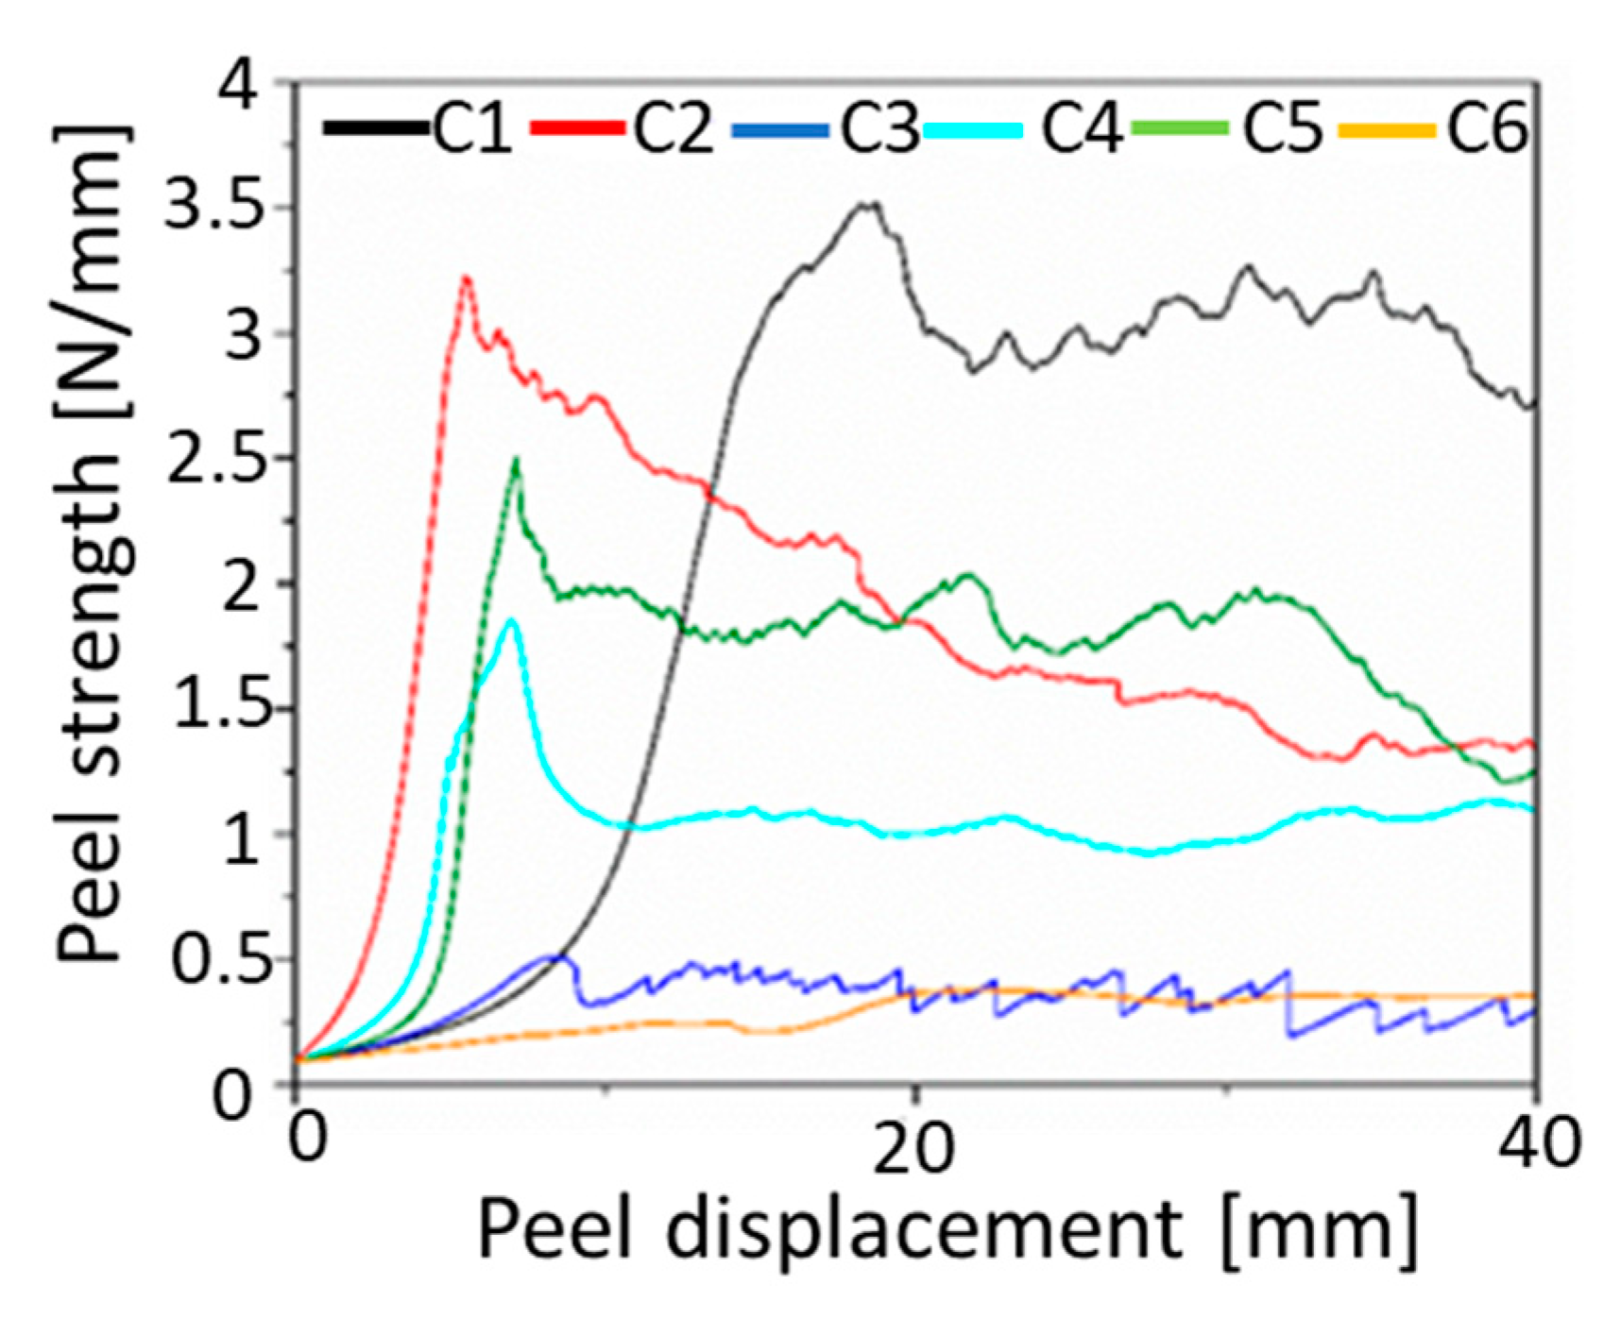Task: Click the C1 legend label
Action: [x=472, y=127]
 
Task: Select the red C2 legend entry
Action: [x=672, y=127]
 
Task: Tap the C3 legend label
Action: [x=879, y=127]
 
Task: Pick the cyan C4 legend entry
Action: [x=1081, y=127]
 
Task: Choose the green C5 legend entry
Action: [x=1282, y=127]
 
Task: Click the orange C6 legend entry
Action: [x=1486, y=127]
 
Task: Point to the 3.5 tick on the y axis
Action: [x=213, y=208]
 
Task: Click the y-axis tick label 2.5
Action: [x=213, y=458]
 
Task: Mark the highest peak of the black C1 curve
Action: [x=869, y=203]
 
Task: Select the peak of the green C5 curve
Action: [x=516, y=460]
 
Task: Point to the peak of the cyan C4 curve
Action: [x=511, y=620]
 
